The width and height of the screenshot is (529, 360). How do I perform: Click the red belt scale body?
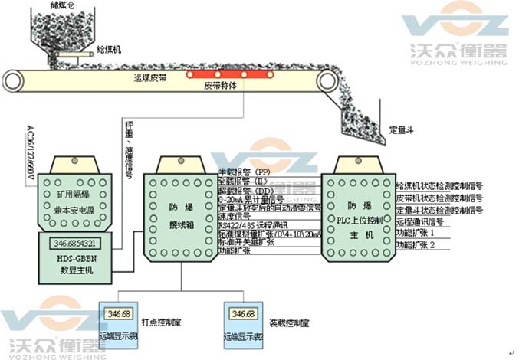[x=229, y=74]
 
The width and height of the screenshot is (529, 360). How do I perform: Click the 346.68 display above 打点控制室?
[x=119, y=315]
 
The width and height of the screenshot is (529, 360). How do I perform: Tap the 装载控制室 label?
[x=288, y=322]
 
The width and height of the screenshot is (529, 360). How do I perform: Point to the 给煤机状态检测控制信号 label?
[x=439, y=185]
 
